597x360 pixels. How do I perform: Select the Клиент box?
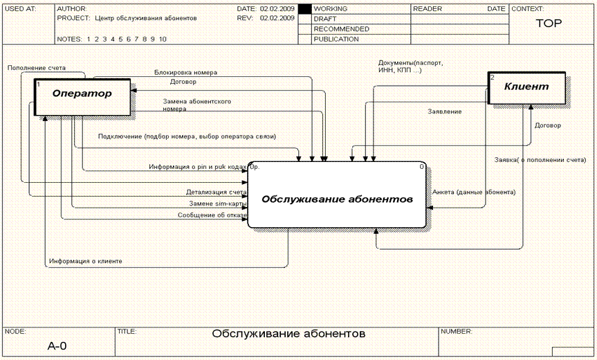click(526, 87)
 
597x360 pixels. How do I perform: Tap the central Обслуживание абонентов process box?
click(337, 199)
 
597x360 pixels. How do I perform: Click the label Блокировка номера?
click(185, 72)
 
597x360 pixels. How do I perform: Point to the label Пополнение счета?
click(37, 68)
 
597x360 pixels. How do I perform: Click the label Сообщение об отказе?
click(212, 215)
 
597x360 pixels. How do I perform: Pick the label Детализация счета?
click(216, 192)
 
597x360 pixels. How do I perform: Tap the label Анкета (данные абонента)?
click(474, 192)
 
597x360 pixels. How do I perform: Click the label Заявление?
click(445, 111)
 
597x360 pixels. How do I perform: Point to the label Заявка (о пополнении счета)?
click(540, 160)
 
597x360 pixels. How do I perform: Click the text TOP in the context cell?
click(549, 23)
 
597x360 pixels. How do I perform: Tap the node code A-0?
click(57, 345)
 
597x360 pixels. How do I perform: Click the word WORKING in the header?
click(331, 9)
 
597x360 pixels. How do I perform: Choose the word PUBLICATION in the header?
click(336, 39)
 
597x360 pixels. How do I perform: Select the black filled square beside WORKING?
click(304, 9)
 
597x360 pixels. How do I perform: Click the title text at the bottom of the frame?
click(288, 334)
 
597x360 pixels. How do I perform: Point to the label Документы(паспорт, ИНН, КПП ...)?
click(410, 66)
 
